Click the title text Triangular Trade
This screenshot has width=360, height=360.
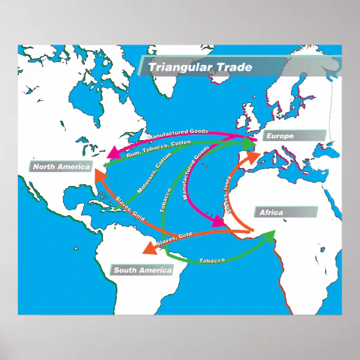(x=200, y=68)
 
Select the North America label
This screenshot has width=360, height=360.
(x=61, y=167)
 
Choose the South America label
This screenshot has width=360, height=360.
(x=143, y=271)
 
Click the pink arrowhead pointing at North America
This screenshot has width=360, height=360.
(x=113, y=151)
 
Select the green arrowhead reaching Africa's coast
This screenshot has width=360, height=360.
(x=269, y=235)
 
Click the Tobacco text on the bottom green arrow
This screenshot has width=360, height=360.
(x=212, y=261)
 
